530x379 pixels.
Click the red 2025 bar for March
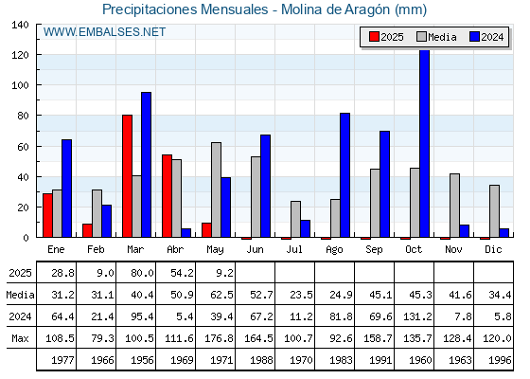coord(127,176)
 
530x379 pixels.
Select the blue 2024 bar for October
coord(424,144)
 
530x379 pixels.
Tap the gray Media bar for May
coord(217,189)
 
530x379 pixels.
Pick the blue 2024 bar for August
coord(344,175)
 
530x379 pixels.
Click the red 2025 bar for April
coord(167,196)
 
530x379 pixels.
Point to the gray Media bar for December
coord(494,211)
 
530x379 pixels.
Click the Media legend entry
coord(436,37)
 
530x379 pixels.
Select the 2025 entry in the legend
coord(386,37)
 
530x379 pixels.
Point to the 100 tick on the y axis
coord(20,85)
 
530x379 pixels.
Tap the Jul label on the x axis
coord(294,249)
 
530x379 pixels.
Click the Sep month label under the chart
coord(374,250)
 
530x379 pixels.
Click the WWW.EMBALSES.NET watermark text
coord(104,32)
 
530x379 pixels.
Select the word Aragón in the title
coord(367,9)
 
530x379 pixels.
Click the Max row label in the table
coord(20,338)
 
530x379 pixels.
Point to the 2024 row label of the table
coord(20,316)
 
